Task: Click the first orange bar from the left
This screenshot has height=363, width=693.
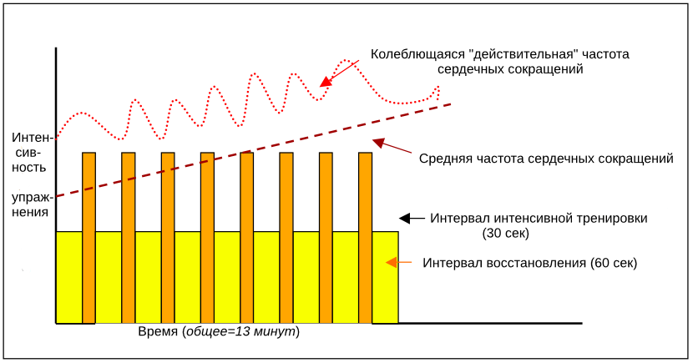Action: coord(89,238)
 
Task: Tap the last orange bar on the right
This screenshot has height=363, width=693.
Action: coord(365,238)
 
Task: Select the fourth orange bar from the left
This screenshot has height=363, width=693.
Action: coord(207,238)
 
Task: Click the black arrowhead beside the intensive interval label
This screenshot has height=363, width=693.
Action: coord(405,218)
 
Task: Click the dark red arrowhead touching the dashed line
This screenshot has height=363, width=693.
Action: coord(377,142)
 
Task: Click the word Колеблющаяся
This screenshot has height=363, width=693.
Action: coord(417,54)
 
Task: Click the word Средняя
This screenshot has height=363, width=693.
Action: coord(444,158)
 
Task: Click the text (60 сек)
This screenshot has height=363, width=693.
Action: coord(614,263)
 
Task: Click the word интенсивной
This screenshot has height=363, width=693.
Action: coord(531,218)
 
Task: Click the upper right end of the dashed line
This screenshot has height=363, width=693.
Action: coord(450,104)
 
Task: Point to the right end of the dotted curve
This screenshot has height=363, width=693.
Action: coord(437,90)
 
